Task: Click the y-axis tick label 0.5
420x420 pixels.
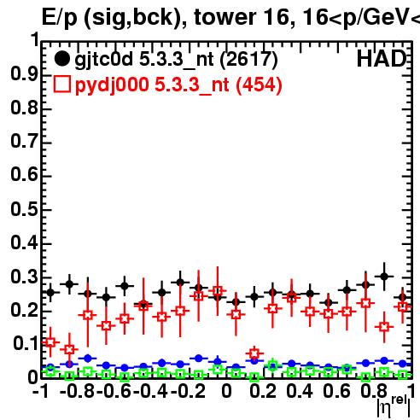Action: point(24,210)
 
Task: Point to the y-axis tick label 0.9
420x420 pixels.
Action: point(24,74)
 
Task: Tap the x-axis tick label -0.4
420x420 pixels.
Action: point(150,391)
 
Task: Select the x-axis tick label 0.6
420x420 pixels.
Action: point(336,391)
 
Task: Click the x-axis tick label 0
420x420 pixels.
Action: point(226,391)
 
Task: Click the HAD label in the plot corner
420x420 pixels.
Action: point(381,59)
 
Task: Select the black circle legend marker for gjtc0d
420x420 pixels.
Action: point(61,59)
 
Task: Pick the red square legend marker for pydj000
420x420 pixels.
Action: point(61,85)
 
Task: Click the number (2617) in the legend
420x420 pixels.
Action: point(248,60)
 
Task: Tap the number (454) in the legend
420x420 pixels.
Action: point(259,85)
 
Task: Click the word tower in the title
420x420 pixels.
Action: point(226,17)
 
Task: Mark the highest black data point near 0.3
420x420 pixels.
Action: point(384,277)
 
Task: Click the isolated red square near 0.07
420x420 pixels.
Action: point(254,353)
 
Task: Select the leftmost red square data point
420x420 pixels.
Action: point(50,342)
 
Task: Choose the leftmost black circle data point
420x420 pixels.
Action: point(50,292)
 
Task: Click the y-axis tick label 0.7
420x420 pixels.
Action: point(24,142)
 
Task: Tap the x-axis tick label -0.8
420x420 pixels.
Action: point(77,391)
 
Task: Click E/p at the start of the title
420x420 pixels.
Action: point(60,18)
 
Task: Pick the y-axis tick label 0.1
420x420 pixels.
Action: point(25,345)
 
